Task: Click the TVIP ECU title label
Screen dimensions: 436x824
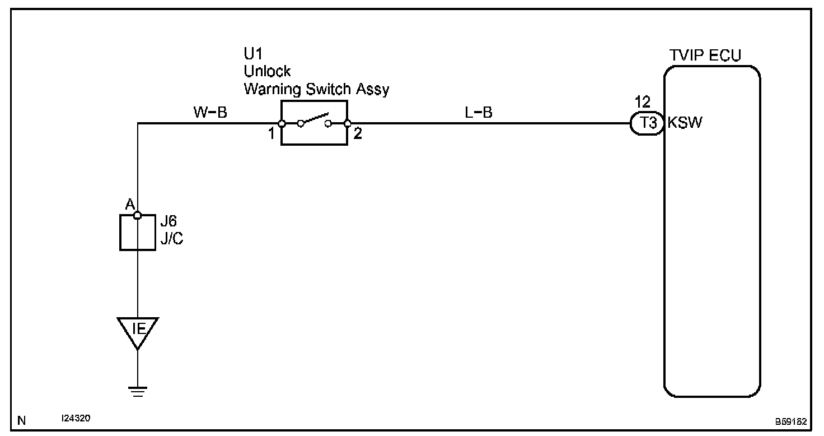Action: point(705,55)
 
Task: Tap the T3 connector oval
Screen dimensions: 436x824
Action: point(648,123)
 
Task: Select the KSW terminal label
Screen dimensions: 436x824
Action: point(685,123)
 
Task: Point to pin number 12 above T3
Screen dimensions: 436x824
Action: point(643,103)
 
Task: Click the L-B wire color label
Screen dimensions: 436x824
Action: point(479,113)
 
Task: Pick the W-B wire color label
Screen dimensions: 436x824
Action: point(210,113)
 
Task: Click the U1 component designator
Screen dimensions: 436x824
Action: point(253,54)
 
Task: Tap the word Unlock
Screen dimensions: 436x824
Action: point(267,72)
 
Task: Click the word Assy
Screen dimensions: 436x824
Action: point(372,90)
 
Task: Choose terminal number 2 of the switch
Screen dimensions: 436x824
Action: point(358,135)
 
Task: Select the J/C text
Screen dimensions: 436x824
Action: point(171,239)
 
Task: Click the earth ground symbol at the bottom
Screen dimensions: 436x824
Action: point(138,391)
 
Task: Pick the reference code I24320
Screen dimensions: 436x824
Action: point(76,419)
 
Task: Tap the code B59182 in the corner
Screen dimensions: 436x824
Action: point(790,421)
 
